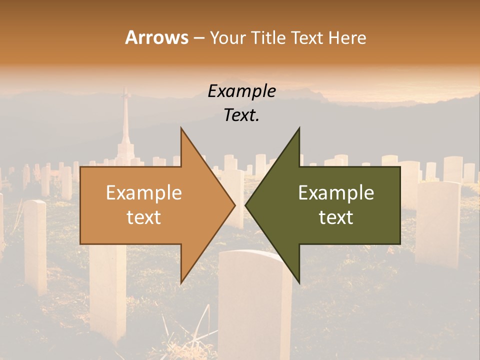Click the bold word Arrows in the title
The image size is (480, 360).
click(157, 37)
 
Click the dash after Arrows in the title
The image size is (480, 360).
click(198, 38)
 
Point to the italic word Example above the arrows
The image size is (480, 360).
click(241, 91)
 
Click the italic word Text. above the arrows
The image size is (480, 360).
click(241, 115)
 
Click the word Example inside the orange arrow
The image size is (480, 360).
click(144, 193)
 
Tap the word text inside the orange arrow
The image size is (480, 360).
click(144, 217)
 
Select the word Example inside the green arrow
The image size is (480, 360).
click(336, 193)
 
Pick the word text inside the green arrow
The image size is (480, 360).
click(336, 217)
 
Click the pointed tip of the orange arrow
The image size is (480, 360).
click(234, 205)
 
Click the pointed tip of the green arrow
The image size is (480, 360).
click(246, 205)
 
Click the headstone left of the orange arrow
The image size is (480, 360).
click(35, 245)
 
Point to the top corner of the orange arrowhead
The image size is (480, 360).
click(181, 128)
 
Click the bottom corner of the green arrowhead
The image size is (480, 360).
click(299, 282)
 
